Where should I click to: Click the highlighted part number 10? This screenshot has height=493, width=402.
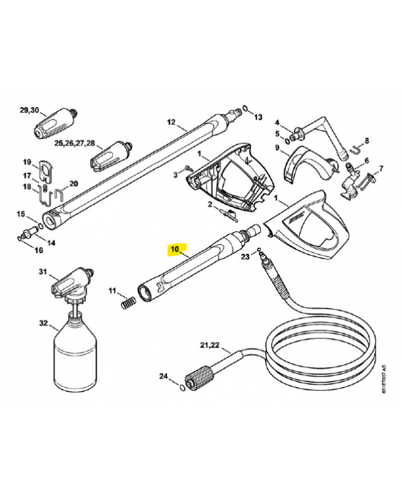(174, 250)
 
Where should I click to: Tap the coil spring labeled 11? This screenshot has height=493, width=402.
(129, 303)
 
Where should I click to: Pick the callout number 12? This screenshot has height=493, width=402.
(171, 122)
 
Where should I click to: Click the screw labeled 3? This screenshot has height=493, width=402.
(188, 168)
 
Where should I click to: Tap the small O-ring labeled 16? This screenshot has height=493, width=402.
(20, 238)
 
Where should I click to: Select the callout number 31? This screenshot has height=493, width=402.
(43, 271)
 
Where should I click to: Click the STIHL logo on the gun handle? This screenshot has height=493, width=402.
(296, 217)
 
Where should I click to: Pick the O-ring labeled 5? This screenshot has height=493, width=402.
(287, 142)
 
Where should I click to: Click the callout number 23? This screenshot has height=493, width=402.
(245, 256)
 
